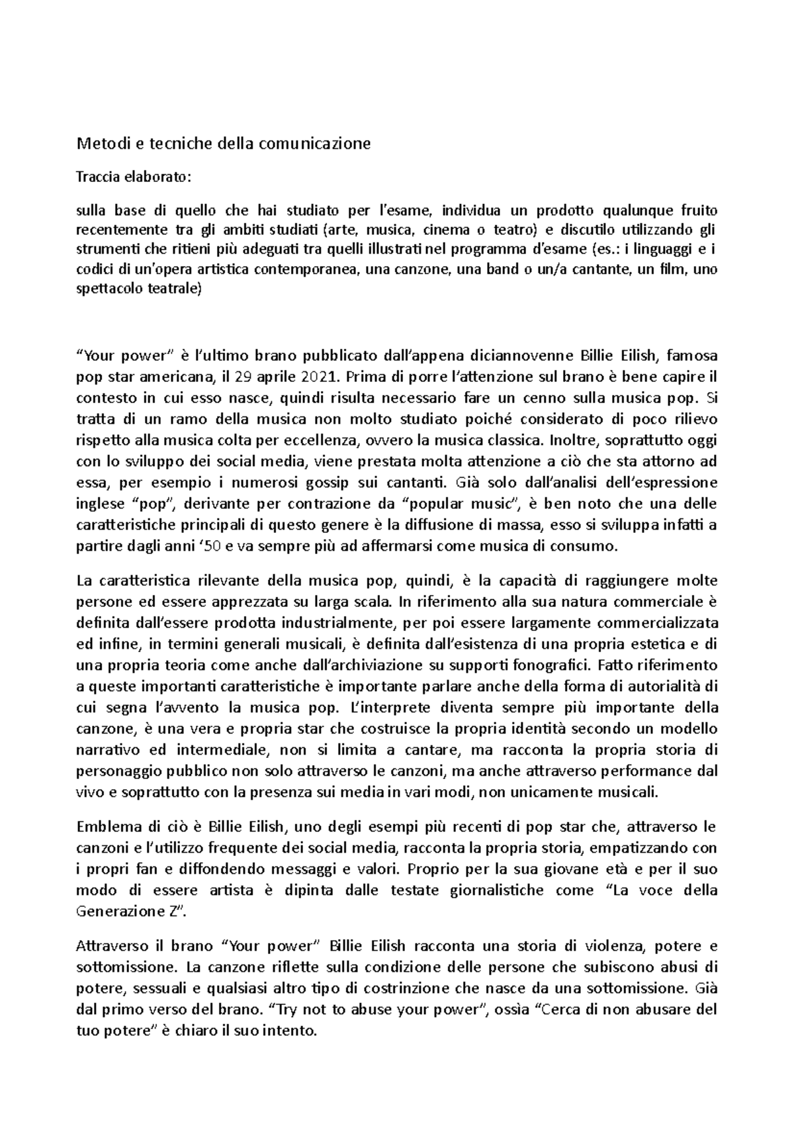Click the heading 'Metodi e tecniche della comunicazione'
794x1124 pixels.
[x=224, y=144]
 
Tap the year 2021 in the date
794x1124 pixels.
[x=320, y=377]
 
